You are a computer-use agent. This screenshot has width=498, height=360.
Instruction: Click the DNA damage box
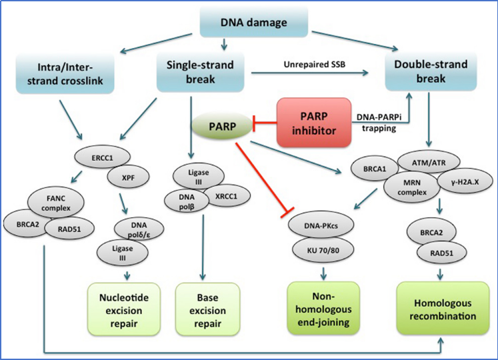point(254,22)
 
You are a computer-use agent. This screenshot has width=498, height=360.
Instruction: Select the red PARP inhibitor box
point(314,123)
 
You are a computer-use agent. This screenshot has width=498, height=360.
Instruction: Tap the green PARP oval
point(222,127)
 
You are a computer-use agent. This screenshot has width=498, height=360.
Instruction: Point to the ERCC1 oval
point(102,157)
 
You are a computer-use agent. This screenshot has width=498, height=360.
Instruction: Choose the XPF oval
point(128,177)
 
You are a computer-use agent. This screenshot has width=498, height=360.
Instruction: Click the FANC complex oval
point(56,203)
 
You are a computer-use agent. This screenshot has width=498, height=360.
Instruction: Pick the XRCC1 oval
point(226,196)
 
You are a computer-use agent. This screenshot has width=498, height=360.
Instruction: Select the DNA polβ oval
point(187,202)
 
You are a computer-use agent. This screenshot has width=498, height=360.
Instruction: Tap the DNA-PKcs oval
point(321,225)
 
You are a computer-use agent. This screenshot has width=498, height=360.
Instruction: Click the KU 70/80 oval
point(323,250)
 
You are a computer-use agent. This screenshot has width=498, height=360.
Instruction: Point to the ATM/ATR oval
point(429,163)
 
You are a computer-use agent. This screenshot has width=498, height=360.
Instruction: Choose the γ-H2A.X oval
point(465,182)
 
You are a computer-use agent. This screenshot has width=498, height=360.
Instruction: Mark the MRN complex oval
point(412,187)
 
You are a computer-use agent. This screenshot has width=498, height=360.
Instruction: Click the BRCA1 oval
point(375,169)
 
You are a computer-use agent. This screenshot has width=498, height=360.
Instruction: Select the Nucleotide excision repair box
point(124,310)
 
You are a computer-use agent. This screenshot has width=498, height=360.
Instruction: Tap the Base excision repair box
point(208,310)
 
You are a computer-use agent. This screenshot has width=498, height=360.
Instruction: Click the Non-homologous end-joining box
point(323,309)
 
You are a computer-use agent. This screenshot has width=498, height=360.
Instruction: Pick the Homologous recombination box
point(443,309)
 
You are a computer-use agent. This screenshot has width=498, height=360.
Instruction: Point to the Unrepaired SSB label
point(315,65)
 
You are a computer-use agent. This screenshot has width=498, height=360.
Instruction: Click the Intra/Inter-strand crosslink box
point(65,74)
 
